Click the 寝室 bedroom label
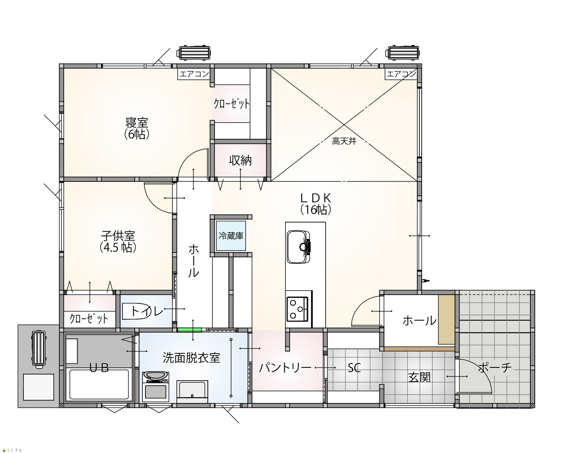click(137, 123)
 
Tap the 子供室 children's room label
click(118, 236)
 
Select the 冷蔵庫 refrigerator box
click(231, 236)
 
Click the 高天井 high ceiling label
click(344, 141)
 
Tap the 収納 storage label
click(240, 161)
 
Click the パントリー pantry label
click(285, 368)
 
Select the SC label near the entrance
click(354, 368)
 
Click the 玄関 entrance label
click(419, 377)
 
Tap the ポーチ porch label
click(495, 367)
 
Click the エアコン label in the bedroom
click(194, 74)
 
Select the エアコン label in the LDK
click(401, 74)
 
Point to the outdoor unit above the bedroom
click(194, 53)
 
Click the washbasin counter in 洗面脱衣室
click(192, 392)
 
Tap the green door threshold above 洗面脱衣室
click(189, 330)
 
